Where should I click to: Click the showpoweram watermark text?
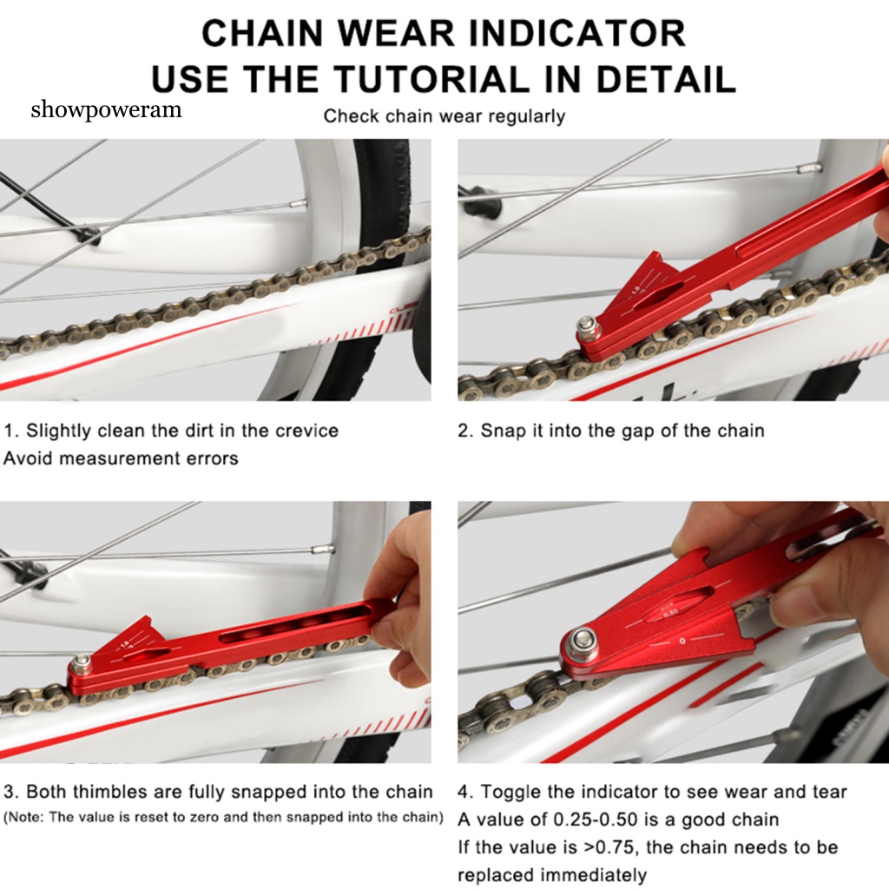(106, 109)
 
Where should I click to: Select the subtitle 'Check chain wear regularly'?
(444, 115)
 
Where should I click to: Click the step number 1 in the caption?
(10, 431)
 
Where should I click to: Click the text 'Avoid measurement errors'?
(121, 458)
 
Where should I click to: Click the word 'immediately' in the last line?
(596, 874)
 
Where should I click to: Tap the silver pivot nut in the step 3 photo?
(82, 664)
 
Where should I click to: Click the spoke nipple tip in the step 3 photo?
(323, 549)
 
